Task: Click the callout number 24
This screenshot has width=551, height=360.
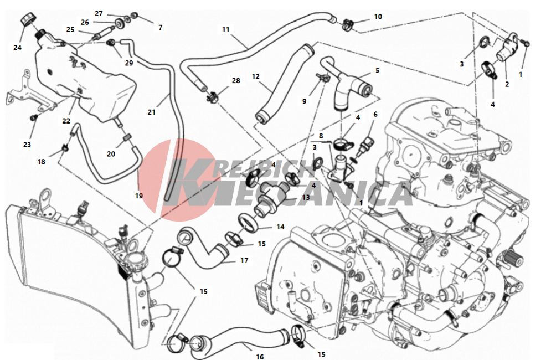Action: [17, 48]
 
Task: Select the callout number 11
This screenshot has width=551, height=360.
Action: [225, 29]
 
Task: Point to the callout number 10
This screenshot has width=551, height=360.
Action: [378, 17]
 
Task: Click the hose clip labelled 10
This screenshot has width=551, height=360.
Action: [348, 24]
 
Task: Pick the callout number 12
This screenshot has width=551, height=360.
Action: [255, 76]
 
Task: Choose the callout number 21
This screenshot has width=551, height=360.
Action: [151, 112]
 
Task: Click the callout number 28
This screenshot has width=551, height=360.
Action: [236, 80]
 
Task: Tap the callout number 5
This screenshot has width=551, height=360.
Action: [378, 70]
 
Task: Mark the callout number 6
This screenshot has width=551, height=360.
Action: [375, 114]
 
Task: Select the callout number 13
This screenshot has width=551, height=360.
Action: [306, 197]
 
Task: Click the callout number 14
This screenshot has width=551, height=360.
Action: [280, 227]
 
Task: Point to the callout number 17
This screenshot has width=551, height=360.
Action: [244, 260]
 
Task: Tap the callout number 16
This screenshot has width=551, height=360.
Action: [260, 357]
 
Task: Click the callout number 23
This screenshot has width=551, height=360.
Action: [27, 145]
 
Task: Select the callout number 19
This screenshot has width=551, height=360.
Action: [139, 196]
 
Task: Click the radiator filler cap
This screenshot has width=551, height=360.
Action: [135, 260]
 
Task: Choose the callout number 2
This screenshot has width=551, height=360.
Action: [507, 84]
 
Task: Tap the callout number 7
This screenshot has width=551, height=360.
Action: [161, 27]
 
